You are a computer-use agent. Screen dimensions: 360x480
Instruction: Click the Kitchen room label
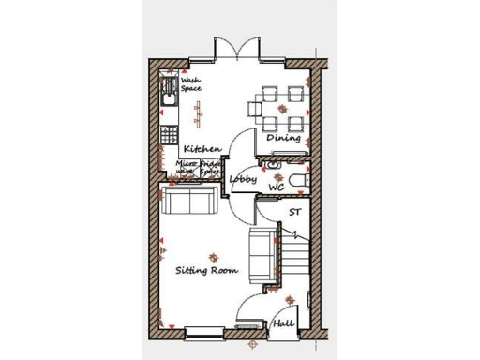[202, 149]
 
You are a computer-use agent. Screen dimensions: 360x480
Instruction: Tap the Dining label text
[283, 138]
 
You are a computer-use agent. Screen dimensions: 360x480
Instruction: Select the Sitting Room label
[207, 270]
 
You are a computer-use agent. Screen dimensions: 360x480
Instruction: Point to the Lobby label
[244, 179]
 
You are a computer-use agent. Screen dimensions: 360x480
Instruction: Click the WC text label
[277, 187]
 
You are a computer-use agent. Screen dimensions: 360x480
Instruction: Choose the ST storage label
[294, 212]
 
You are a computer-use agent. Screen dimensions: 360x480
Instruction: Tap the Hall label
[283, 323]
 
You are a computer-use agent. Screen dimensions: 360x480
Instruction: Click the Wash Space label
[191, 85]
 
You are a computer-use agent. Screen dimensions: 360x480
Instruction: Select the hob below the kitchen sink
[169, 133]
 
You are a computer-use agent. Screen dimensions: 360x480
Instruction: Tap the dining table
[282, 108]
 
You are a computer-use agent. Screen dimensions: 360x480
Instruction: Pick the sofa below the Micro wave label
[190, 200]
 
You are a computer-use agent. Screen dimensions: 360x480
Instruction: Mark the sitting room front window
[203, 329]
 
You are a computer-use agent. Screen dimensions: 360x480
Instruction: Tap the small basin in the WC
[273, 164]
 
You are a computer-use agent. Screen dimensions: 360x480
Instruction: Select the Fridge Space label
[210, 167]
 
